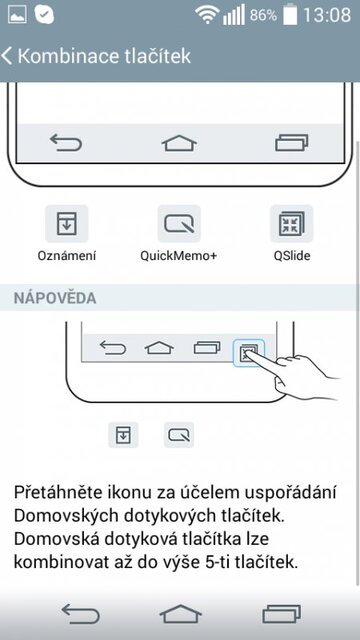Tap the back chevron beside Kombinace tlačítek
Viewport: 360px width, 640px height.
coord(8,56)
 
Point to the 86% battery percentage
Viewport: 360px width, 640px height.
coord(263,16)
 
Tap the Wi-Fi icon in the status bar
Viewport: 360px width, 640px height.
coord(207,16)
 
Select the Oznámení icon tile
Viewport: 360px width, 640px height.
coord(67,223)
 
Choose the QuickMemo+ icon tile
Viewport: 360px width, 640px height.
coord(179,223)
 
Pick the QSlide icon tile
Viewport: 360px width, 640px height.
coord(291,223)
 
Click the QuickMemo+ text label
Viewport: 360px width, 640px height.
coord(179,256)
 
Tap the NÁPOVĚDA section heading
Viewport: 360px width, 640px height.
coord(54,298)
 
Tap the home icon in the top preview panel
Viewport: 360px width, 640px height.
coord(179,142)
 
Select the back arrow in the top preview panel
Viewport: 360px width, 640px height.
coord(66,142)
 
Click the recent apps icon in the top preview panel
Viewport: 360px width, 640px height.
coord(293,142)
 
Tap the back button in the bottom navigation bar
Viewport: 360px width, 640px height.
coord(79,612)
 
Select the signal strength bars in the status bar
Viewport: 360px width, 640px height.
coord(233,16)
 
